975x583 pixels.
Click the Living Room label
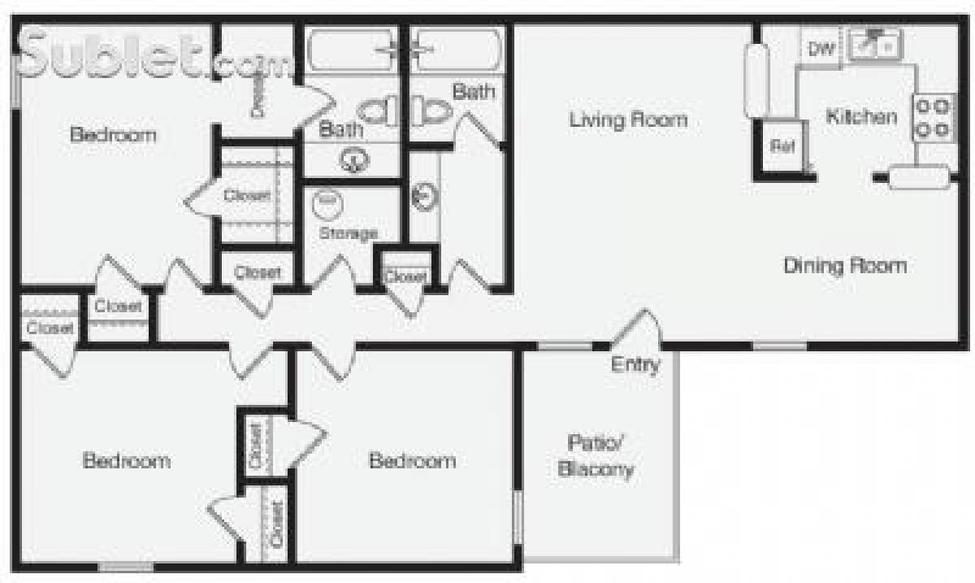tap(628, 120)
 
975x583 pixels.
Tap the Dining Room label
tap(845, 265)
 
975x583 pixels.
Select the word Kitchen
tap(861, 116)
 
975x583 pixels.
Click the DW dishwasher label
tap(821, 49)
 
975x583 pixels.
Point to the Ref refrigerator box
tap(782, 146)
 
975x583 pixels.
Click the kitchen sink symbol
tap(873, 44)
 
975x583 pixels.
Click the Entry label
tap(635, 365)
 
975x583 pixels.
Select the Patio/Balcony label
tap(600, 456)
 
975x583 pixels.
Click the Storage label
tap(348, 233)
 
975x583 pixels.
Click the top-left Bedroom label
tap(113, 134)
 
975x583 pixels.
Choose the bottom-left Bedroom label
tap(127, 461)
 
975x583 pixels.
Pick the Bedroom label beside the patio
tap(412, 461)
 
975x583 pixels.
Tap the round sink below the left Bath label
tap(353, 161)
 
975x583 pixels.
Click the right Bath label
tap(473, 91)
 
